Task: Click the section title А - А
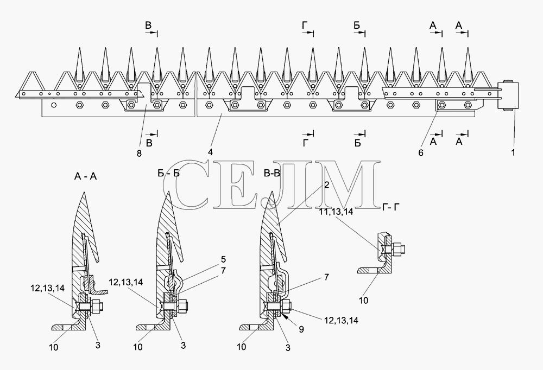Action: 85,176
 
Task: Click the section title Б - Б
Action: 169,173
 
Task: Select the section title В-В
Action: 271,173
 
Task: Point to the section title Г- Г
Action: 391,207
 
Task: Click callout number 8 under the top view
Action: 139,154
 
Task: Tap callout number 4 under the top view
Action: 210,151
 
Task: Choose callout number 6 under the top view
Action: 421,152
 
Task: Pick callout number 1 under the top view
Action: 513,152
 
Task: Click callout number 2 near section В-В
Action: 326,185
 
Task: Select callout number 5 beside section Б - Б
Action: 223,259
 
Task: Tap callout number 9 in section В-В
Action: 301,329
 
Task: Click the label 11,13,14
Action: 336,212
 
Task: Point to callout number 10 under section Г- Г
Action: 363,300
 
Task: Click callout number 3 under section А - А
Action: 98,345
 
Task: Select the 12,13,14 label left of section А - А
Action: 47,288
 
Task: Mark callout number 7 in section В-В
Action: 326,277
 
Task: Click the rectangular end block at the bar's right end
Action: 508,95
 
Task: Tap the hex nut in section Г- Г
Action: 396,249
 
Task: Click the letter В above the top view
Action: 148,25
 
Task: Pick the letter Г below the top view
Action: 305,142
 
